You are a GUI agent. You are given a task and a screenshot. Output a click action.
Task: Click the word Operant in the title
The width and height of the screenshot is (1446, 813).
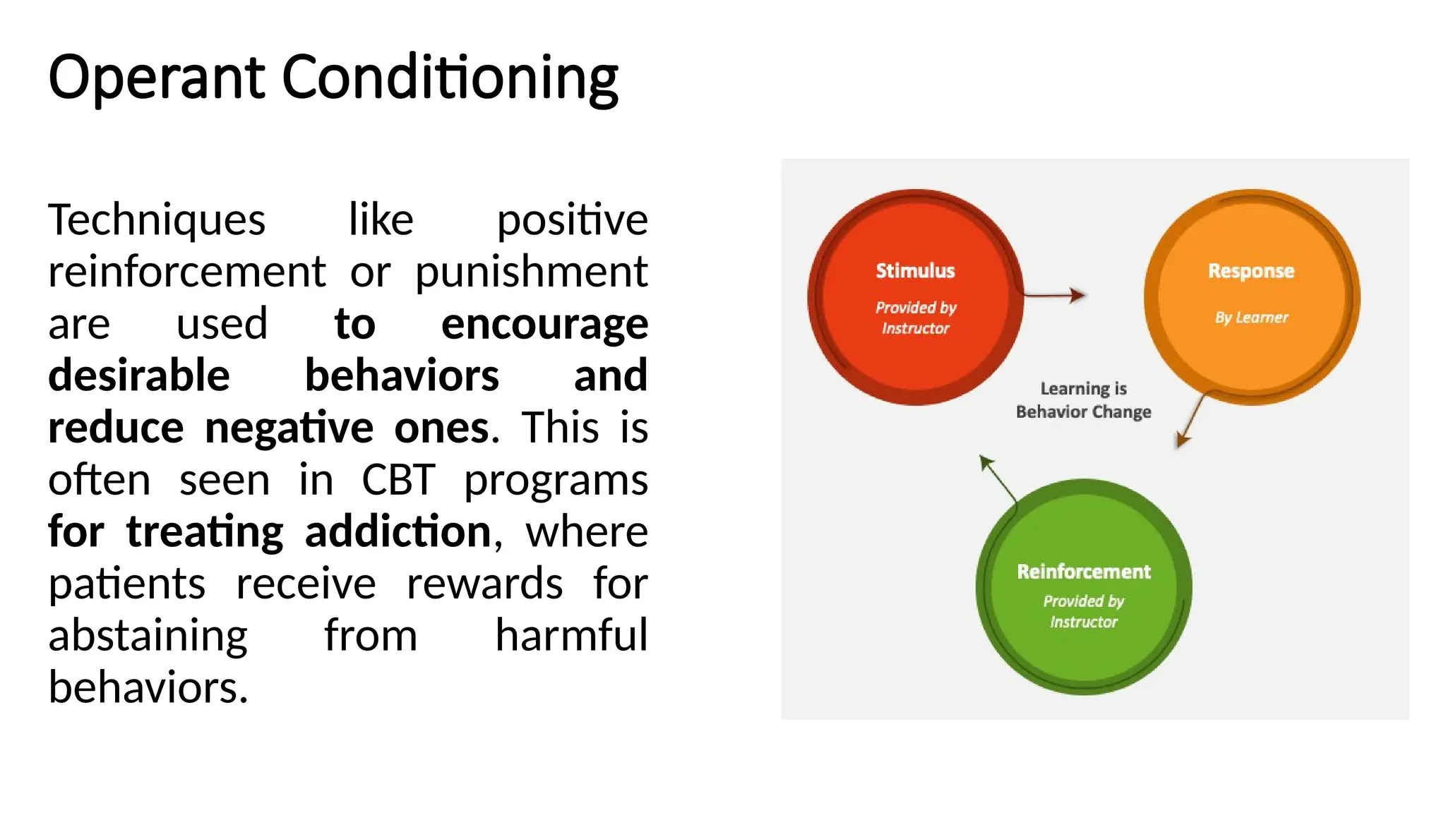(156, 78)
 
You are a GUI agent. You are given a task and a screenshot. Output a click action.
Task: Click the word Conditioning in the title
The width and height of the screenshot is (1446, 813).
(450, 78)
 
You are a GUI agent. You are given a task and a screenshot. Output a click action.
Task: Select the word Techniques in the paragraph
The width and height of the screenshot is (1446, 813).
(157, 219)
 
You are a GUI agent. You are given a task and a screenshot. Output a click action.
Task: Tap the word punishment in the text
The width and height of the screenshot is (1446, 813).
(531, 272)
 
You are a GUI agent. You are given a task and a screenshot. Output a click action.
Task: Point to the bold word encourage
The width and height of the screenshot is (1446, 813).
(544, 324)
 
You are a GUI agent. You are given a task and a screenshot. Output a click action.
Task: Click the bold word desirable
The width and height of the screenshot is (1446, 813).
(139, 375)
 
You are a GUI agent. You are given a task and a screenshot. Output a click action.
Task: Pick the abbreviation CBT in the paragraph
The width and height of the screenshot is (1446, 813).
(398, 480)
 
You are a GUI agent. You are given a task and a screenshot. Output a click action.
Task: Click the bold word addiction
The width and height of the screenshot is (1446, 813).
(398, 531)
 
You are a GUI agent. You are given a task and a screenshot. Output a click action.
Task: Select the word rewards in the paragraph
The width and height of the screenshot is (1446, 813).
(484, 584)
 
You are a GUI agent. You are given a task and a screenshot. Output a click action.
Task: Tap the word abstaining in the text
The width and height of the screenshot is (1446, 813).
(148, 635)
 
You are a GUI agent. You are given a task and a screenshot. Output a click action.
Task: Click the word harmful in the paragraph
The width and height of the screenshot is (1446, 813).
(570, 635)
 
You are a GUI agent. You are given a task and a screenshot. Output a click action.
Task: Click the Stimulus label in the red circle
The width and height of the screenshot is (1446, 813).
(915, 271)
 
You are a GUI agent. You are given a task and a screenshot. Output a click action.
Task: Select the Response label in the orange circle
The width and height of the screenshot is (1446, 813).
(1251, 271)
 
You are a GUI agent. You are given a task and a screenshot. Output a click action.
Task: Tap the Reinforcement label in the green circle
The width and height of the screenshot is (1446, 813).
(1084, 572)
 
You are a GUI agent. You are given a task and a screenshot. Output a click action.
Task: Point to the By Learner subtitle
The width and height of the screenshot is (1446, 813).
(1251, 318)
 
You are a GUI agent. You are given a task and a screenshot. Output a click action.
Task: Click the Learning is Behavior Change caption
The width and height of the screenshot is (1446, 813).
(1083, 400)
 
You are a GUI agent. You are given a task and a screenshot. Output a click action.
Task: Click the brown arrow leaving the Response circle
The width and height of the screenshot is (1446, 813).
(1191, 419)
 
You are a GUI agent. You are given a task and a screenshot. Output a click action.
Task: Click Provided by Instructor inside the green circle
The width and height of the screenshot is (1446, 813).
(1084, 611)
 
